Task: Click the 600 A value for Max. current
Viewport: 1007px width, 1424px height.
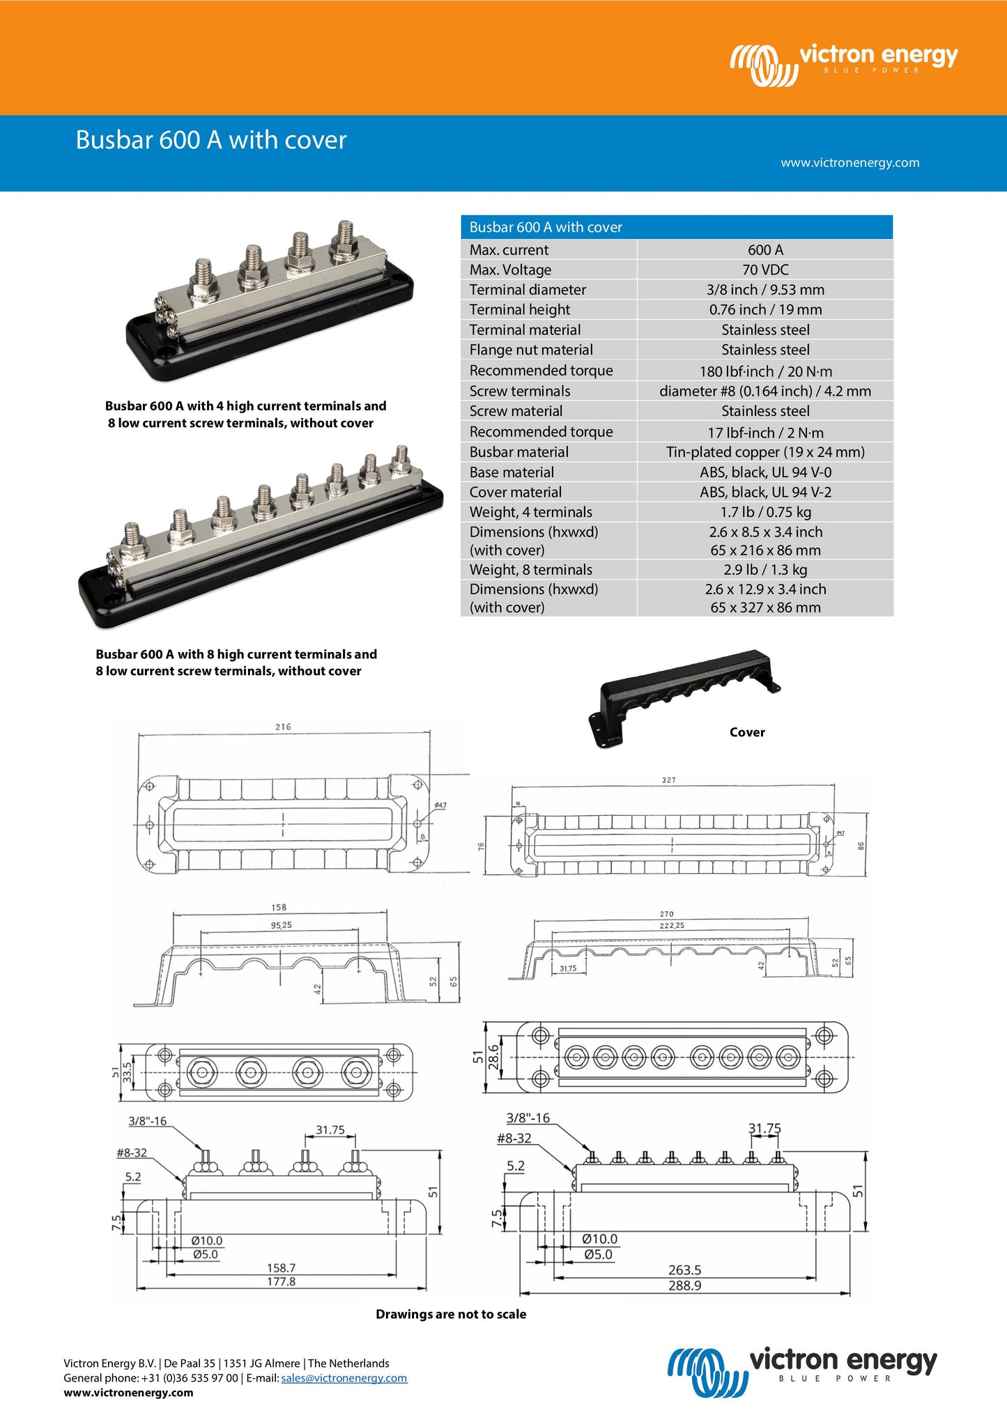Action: (x=765, y=249)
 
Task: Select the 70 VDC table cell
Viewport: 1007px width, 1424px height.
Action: (x=765, y=270)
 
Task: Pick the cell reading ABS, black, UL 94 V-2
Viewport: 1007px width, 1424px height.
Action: (x=765, y=492)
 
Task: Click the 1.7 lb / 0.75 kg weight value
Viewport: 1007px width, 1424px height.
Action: (x=765, y=512)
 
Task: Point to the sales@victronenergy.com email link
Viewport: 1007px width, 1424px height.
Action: (x=344, y=1377)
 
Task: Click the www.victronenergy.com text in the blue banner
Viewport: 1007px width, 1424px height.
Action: (x=850, y=162)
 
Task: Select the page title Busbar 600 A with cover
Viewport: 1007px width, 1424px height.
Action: (x=211, y=140)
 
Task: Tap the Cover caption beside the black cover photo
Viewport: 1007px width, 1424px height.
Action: (x=747, y=732)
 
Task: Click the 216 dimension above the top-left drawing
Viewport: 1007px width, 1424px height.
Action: (x=283, y=727)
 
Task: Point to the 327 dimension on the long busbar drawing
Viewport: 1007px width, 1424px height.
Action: (x=668, y=780)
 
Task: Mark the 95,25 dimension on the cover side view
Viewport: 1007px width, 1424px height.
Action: (x=281, y=925)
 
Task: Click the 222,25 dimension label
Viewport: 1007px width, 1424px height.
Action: (x=672, y=925)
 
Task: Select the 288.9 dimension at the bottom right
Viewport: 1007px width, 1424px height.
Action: (x=684, y=1285)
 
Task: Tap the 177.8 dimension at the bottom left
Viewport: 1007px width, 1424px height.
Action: (x=281, y=1281)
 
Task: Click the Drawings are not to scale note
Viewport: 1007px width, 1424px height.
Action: (x=451, y=1314)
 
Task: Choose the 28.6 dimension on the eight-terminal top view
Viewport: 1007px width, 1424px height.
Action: (x=493, y=1057)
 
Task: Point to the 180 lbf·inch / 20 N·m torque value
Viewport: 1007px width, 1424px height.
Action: (x=765, y=371)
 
